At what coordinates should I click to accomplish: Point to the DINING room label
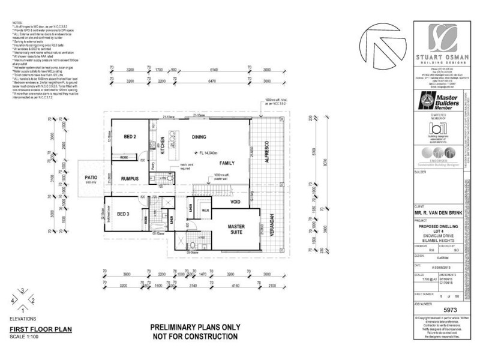click(200, 137)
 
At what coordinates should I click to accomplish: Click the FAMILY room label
click(227, 163)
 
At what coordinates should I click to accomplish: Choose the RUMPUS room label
click(130, 179)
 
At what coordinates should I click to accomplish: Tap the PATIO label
click(91, 178)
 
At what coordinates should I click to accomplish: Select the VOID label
click(235, 203)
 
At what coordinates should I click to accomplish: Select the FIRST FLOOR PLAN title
click(40, 329)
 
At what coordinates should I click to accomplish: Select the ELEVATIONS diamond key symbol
click(22, 299)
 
